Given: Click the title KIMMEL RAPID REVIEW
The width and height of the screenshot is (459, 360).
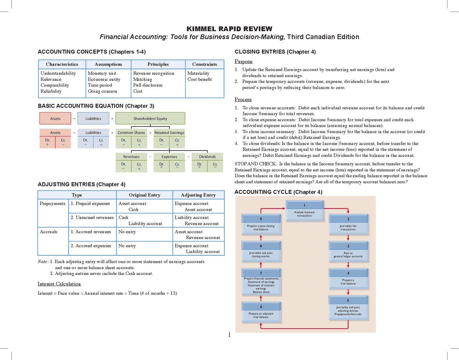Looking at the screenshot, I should click(229, 29).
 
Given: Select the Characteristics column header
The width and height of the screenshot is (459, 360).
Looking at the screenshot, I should click(62, 64).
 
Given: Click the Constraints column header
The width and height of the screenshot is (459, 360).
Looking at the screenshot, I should click(204, 64).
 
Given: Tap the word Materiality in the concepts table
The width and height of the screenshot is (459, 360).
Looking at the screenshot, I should click(198, 73).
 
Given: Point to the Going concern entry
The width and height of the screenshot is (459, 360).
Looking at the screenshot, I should click(102, 91).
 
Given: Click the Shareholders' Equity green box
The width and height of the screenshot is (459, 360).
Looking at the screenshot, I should click(150, 118).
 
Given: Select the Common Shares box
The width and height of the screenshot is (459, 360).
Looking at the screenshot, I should click(131, 133).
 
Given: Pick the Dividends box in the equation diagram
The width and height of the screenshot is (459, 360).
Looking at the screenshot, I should click(207, 157).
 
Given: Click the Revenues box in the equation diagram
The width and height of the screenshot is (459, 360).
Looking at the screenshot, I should click(131, 157).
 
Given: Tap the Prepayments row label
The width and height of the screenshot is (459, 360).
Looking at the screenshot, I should click(53, 203).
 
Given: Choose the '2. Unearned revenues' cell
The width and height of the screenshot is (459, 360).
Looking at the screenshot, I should click(92, 217).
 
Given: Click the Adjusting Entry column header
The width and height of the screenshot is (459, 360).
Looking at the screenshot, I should click(198, 195).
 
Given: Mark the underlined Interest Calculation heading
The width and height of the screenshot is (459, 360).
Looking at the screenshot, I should click(59, 284).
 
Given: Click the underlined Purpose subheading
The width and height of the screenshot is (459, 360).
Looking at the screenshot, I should click(243, 61).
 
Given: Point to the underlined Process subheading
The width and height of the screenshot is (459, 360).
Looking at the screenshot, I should click(243, 99).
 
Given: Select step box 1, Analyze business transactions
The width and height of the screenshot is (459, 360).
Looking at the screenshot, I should click(304, 210).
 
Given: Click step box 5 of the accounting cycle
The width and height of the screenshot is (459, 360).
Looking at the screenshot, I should click(348, 307).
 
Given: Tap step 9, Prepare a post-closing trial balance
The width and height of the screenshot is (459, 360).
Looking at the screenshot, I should click(261, 224).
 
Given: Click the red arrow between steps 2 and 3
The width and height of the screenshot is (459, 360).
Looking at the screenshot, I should click(348, 237).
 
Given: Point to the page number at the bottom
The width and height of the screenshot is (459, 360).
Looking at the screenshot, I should click(229, 335).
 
